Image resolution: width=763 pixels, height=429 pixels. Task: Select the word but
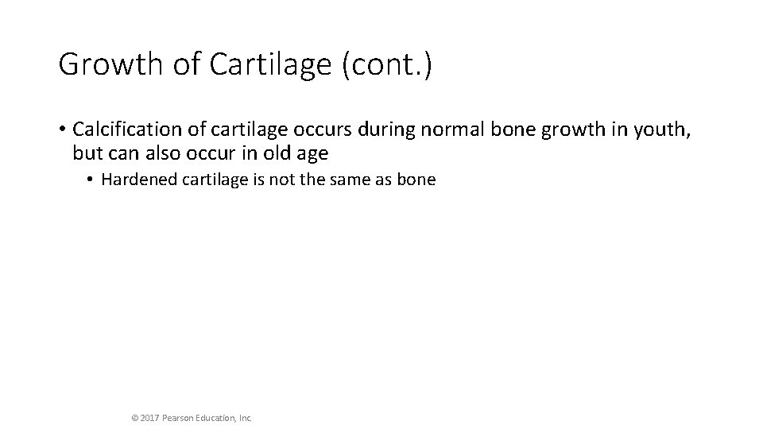[x=84, y=151]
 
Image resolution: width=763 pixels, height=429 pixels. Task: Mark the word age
[x=309, y=152]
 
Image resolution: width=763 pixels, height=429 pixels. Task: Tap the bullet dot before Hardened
[x=91, y=180]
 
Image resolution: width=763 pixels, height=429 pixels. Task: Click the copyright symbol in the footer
[x=134, y=416]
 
